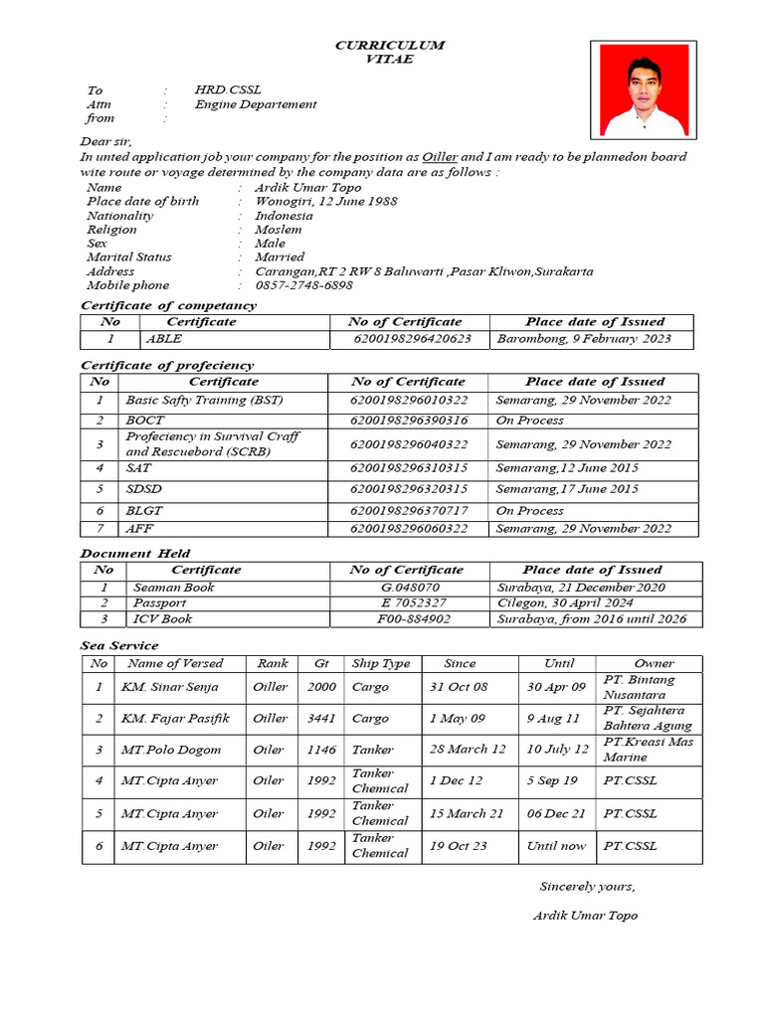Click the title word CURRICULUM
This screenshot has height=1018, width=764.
(x=389, y=46)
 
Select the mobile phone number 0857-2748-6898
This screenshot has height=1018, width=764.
(x=303, y=285)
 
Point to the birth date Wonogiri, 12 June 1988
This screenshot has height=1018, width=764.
(x=325, y=201)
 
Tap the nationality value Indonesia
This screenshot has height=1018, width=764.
(x=284, y=215)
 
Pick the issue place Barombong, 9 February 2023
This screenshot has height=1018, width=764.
(x=584, y=339)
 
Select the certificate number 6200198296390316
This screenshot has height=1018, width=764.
(x=408, y=421)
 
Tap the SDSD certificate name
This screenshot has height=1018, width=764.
(x=144, y=489)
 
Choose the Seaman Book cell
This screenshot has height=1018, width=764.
(x=173, y=588)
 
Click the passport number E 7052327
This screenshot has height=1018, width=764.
(x=413, y=603)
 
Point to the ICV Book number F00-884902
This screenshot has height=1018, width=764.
(x=413, y=619)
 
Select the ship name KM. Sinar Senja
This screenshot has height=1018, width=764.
(x=170, y=687)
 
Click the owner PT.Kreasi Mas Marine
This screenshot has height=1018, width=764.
(x=648, y=750)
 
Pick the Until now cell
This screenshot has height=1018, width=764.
(x=556, y=846)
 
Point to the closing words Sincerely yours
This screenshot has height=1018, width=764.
(x=586, y=887)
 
